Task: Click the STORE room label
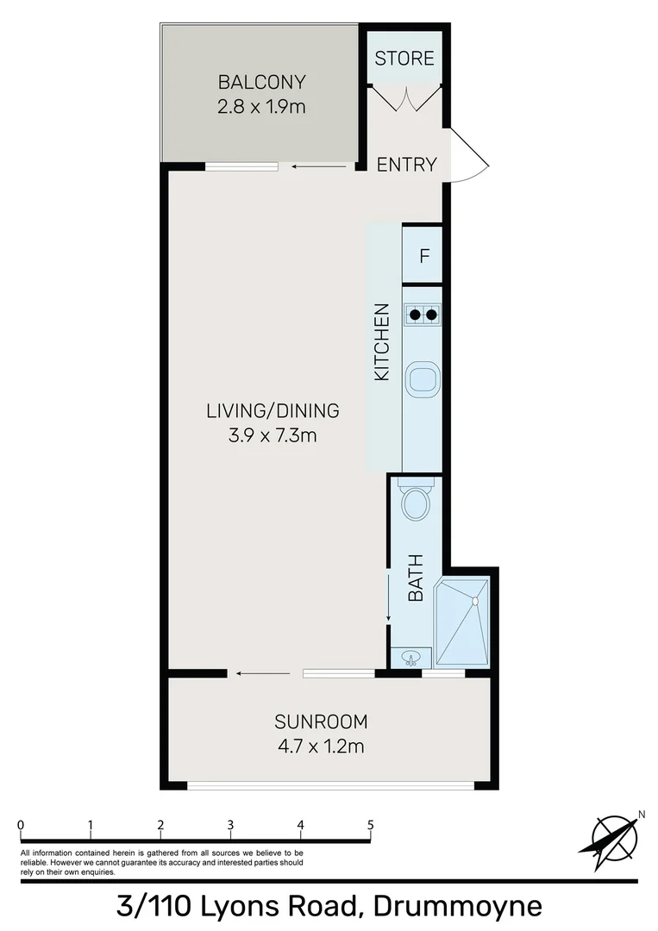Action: click(404, 59)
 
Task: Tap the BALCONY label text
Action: click(261, 83)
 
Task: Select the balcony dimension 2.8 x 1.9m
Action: click(261, 108)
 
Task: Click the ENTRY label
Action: click(407, 165)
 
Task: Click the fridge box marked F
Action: click(423, 255)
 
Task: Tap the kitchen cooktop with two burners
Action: click(423, 315)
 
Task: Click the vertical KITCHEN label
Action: click(381, 342)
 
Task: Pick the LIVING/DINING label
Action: click(273, 410)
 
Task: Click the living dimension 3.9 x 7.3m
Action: click(273, 435)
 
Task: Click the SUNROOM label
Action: click(321, 721)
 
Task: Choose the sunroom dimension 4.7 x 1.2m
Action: click(321, 746)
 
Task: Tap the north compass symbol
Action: click(614, 836)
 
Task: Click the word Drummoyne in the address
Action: click(457, 907)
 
